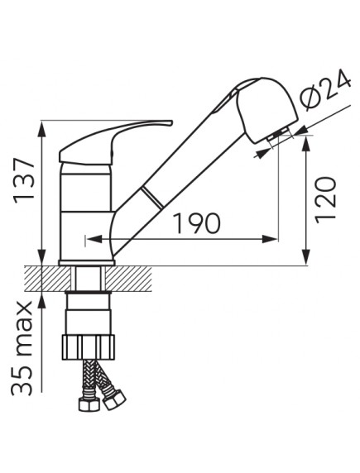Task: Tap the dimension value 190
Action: (197, 223)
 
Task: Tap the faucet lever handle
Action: (115, 141)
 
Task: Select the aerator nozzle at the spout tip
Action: (278, 135)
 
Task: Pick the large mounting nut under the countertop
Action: (89, 347)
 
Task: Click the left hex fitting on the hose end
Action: (89, 404)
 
